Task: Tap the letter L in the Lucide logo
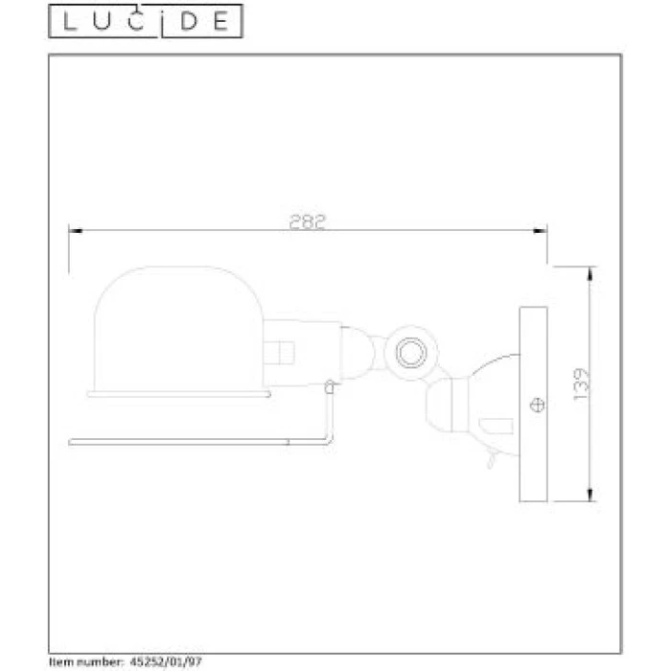[68, 22]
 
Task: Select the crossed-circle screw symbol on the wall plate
[538, 404]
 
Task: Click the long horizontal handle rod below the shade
[192, 441]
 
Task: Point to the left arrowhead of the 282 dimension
[73, 230]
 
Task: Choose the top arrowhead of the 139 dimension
[591, 271]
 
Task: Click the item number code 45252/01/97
[165, 661]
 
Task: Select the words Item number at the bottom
[84, 661]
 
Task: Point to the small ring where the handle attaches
[330, 387]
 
